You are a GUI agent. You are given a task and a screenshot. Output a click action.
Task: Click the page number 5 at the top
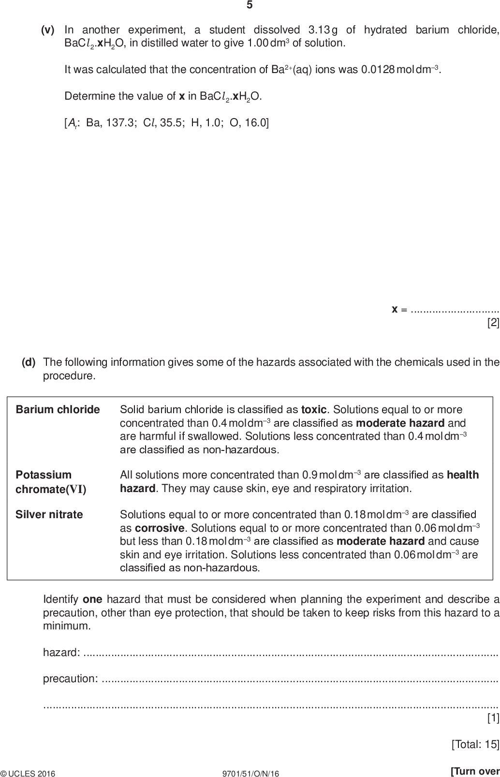pos(250,5)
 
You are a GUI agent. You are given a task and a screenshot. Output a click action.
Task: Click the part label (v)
pos(47,30)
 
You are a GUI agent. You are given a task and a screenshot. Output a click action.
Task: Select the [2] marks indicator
pos(493,323)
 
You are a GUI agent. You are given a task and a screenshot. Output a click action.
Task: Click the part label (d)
pos(29,362)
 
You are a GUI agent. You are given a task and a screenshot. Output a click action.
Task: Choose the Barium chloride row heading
pos(58,410)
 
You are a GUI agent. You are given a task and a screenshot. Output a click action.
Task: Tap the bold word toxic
pos(313,410)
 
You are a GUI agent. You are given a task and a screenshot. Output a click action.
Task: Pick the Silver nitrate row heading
pos(49,515)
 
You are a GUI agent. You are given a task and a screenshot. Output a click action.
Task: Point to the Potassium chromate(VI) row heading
pos(50,482)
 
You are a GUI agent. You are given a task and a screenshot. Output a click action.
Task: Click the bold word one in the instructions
pos(92,600)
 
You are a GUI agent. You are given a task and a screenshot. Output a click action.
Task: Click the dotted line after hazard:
pos(290,654)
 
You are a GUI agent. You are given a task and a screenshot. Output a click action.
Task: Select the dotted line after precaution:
pos(300,680)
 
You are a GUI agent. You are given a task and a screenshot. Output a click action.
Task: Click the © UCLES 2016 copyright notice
pos(28,770)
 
